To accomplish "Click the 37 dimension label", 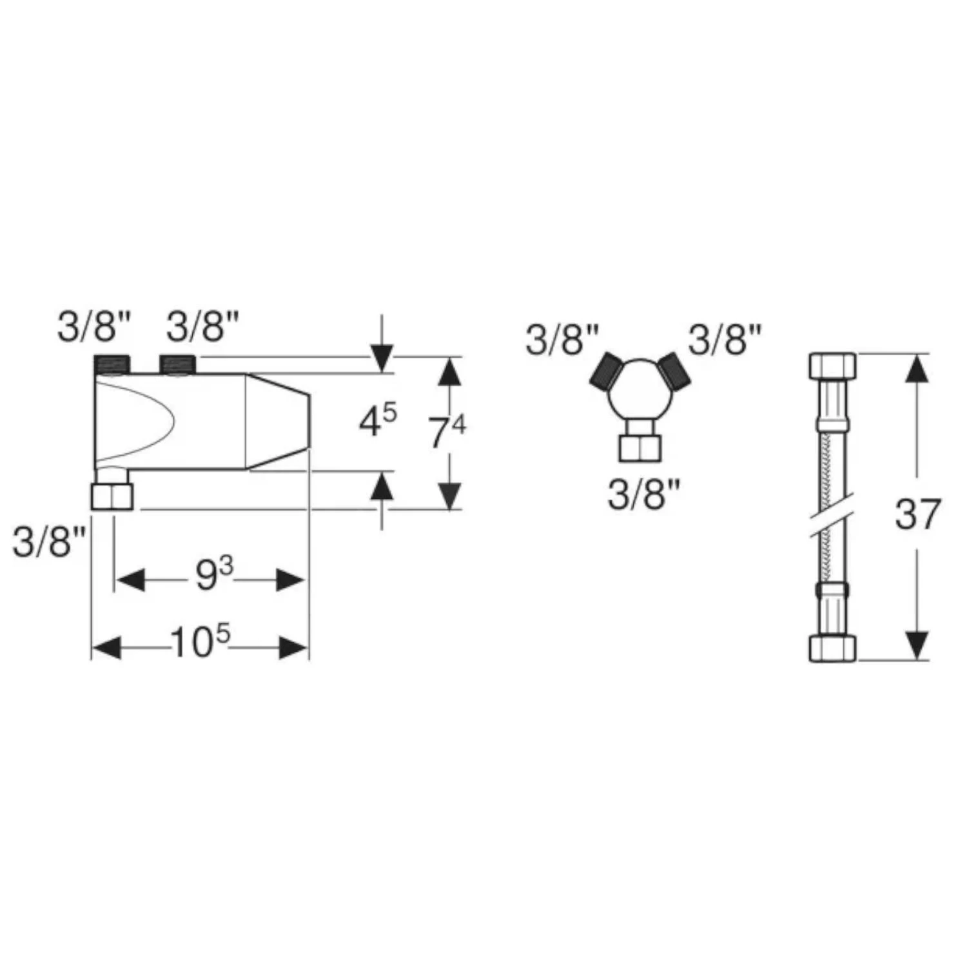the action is pyautogui.click(x=918, y=514).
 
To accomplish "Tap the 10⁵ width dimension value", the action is pyautogui.click(x=200, y=642).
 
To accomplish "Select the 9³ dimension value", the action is pyautogui.click(x=214, y=575).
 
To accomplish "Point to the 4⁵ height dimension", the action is pyautogui.click(x=378, y=421).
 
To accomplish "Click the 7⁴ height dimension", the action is pyautogui.click(x=447, y=432).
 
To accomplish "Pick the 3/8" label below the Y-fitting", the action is pyautogui.click(x=644, y=496).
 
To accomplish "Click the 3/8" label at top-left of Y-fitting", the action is pyautogui.click(x=562, y=340).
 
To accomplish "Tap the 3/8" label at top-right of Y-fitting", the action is pyautogui.click(x=725, y=339).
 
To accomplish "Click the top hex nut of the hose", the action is pyautogui.click(x=832, y=366).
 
